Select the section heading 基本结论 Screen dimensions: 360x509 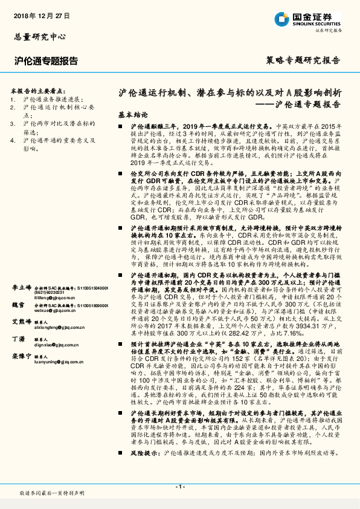[x=132, y=114]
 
